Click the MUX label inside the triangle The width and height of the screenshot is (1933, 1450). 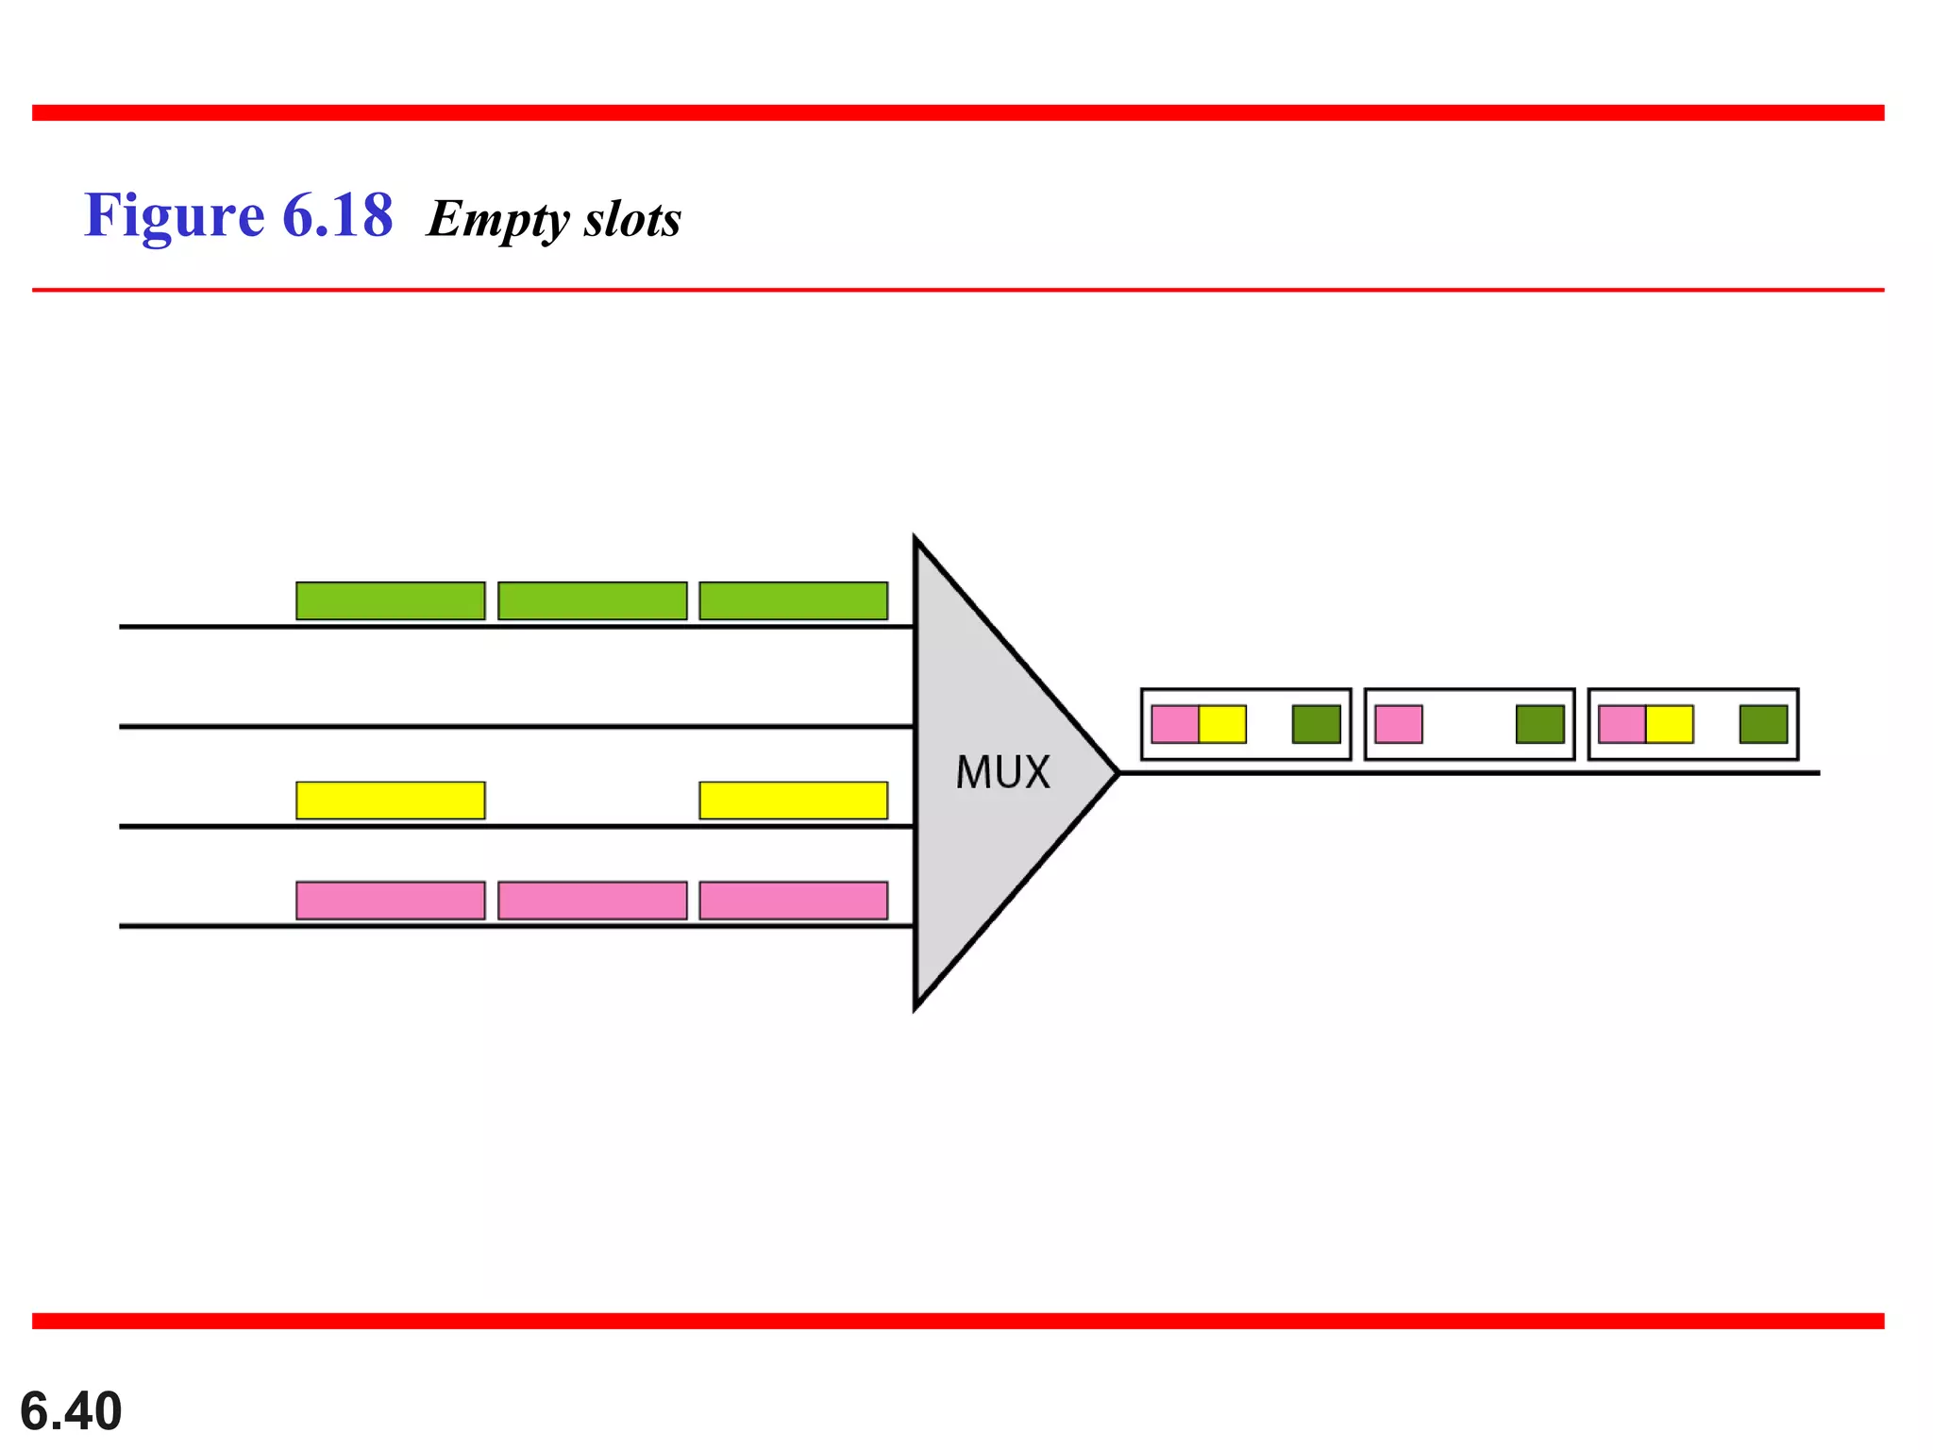point(1002,772)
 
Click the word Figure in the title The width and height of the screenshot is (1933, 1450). point(175,215)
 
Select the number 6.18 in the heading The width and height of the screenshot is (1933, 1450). point(337,215)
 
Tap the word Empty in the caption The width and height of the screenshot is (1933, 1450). point(496,219)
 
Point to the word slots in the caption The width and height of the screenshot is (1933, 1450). point(632,219)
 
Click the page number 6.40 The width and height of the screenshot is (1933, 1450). point(71,1411)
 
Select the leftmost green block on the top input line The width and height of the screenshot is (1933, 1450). point(390,600)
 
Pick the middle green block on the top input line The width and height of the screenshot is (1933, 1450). point(592,600)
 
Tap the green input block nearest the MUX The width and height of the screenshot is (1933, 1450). point(793,600)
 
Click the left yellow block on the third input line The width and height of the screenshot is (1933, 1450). point(390,801)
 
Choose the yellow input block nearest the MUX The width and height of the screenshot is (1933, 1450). point(793,801)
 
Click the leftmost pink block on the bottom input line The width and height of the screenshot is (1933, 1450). point(390,901)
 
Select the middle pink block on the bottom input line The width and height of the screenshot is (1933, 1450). point(592,901)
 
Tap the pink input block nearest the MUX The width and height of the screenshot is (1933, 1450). point(793,901)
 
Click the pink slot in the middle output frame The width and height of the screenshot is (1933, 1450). point(1399,724)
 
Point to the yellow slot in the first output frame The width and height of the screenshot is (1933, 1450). point(1222,724)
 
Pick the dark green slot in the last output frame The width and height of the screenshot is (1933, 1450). point(1763,724)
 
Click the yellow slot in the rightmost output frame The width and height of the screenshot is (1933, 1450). point(1670,724)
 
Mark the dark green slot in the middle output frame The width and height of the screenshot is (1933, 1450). point(1539,724)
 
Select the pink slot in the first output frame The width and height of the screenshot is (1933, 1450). point(1175,724)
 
